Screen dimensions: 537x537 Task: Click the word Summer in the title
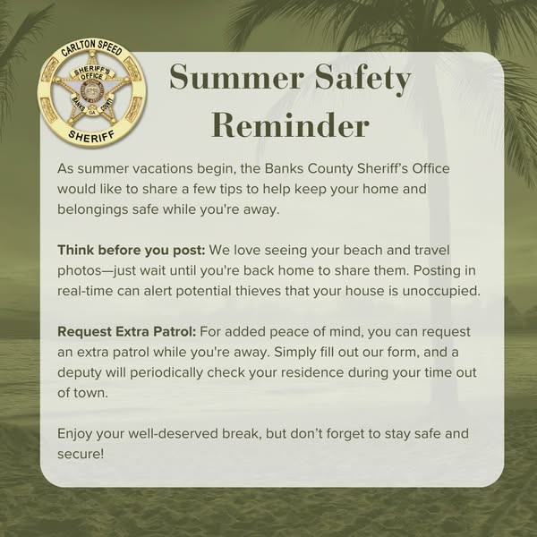click(x=236, y=76)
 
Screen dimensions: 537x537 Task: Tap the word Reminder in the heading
click(x=290, y=125)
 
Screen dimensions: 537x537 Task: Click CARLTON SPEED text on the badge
click(x=92, y=48)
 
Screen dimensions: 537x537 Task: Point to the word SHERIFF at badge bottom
click(x=92, y=136)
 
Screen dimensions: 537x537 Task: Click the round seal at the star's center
click(x=91, y=92)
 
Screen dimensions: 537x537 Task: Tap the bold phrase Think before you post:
click(x=132, y=251)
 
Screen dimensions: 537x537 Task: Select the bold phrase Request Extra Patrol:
click(x=127, y=332)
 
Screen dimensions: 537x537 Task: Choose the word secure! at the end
click(x=81, y=454)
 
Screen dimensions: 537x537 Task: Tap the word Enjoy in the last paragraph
click(x=74, y=434)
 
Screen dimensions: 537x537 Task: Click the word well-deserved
click(x=174, y=433)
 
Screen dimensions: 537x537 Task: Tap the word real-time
click(x=85, y=291)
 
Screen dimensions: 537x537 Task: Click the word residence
click(x=311, y=372)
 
